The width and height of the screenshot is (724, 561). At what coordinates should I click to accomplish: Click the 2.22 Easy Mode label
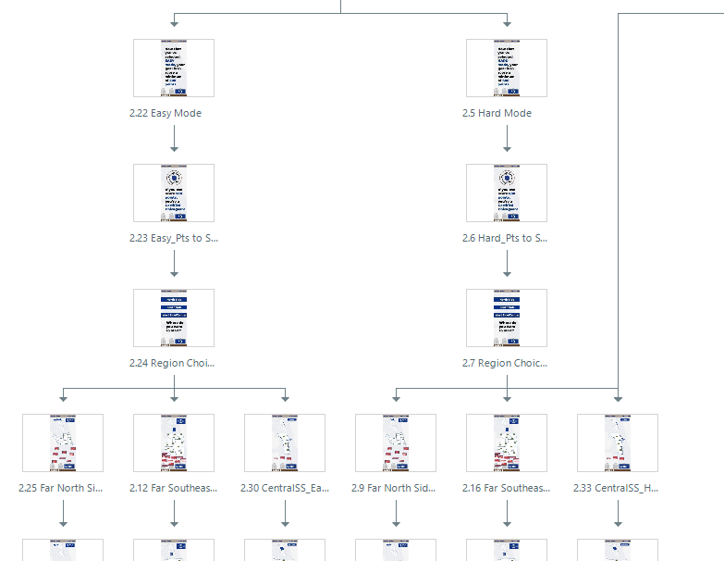(x=166, y=113)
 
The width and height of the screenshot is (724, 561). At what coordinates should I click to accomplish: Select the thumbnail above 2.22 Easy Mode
(x=174, y=68)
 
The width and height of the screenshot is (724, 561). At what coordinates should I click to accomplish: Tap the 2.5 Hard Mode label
(x=497, y=113)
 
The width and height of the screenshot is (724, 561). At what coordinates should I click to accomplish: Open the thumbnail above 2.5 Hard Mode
(x=507, y=68)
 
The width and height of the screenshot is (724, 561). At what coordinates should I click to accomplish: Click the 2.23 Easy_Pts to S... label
(x=174, y=238)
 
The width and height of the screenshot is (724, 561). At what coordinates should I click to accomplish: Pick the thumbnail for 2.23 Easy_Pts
(x=174, y=193)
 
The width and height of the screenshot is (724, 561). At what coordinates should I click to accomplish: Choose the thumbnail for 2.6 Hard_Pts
(x=507, y=193)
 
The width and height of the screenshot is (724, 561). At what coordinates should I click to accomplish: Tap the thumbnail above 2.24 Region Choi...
(x=174, y=318)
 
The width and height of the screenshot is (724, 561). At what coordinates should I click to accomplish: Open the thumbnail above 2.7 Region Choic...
(x=507, y=318)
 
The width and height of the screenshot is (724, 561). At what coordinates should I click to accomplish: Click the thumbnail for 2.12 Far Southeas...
(x=174, y=443)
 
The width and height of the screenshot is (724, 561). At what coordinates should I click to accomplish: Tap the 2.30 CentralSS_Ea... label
(x=285, y=488)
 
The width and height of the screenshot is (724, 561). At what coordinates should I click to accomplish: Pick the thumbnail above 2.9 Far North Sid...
(x=396, y=443)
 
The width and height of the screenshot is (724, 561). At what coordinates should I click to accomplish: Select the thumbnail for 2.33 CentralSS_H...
(x=618, y=443)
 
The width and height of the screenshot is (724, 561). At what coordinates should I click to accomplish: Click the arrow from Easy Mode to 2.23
(x=174, y=139)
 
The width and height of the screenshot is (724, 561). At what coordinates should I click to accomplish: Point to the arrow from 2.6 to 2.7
(x=507, y=264)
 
